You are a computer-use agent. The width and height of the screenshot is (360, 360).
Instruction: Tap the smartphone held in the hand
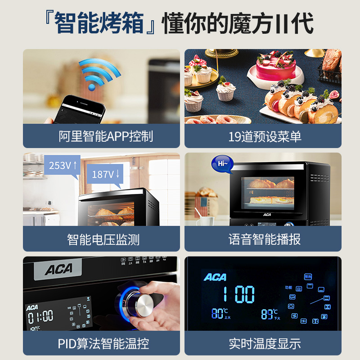83,108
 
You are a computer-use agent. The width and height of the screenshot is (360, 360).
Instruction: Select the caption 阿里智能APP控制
101,136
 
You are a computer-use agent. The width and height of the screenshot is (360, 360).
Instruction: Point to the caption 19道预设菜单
263,136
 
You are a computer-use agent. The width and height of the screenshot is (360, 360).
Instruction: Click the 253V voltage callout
62,165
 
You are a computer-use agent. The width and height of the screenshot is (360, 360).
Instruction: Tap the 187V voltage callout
105,175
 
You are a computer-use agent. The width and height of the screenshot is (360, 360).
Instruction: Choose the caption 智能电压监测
101,239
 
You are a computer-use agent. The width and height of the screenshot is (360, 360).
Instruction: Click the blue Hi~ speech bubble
222,165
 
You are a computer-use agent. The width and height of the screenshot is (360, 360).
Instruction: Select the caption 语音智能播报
263,239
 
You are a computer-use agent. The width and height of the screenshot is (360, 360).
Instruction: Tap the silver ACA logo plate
58,270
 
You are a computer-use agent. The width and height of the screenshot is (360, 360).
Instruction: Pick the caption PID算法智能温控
101,344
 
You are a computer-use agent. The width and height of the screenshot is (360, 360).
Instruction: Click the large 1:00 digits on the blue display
238,294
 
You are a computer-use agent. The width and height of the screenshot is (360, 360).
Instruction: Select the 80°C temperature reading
220,314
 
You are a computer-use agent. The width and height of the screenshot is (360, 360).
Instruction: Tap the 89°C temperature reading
269,314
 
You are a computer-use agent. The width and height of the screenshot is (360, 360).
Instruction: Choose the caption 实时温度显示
263,344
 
